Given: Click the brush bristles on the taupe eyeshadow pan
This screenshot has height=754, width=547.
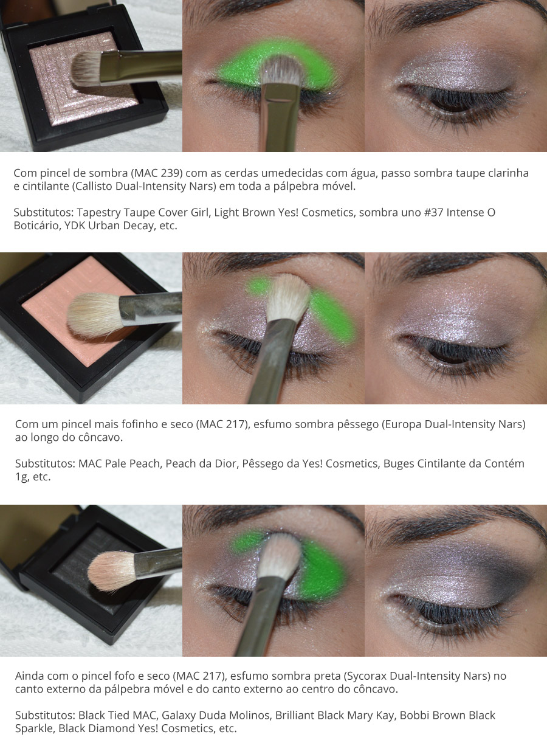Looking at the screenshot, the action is tap(86, 68).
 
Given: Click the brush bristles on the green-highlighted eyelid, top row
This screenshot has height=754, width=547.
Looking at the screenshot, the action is tap(282, 70).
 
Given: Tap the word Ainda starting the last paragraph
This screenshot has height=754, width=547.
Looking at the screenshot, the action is tap(30, 676).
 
